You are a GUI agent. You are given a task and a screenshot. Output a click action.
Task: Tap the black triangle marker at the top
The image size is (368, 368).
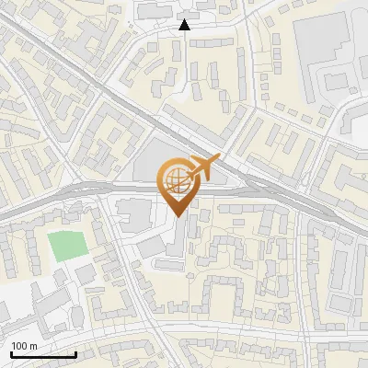[185, 25]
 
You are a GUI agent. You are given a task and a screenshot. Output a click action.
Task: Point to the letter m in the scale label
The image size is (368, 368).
[34, 346]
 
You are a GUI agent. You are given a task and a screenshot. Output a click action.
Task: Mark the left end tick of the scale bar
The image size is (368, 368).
[10, 353]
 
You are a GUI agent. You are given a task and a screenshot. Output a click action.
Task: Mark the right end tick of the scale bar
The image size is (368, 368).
[75, 353]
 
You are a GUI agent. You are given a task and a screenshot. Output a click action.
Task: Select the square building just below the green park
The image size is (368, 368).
[85, 274]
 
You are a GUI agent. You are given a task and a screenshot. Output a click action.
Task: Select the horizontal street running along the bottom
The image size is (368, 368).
[230, 328]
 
